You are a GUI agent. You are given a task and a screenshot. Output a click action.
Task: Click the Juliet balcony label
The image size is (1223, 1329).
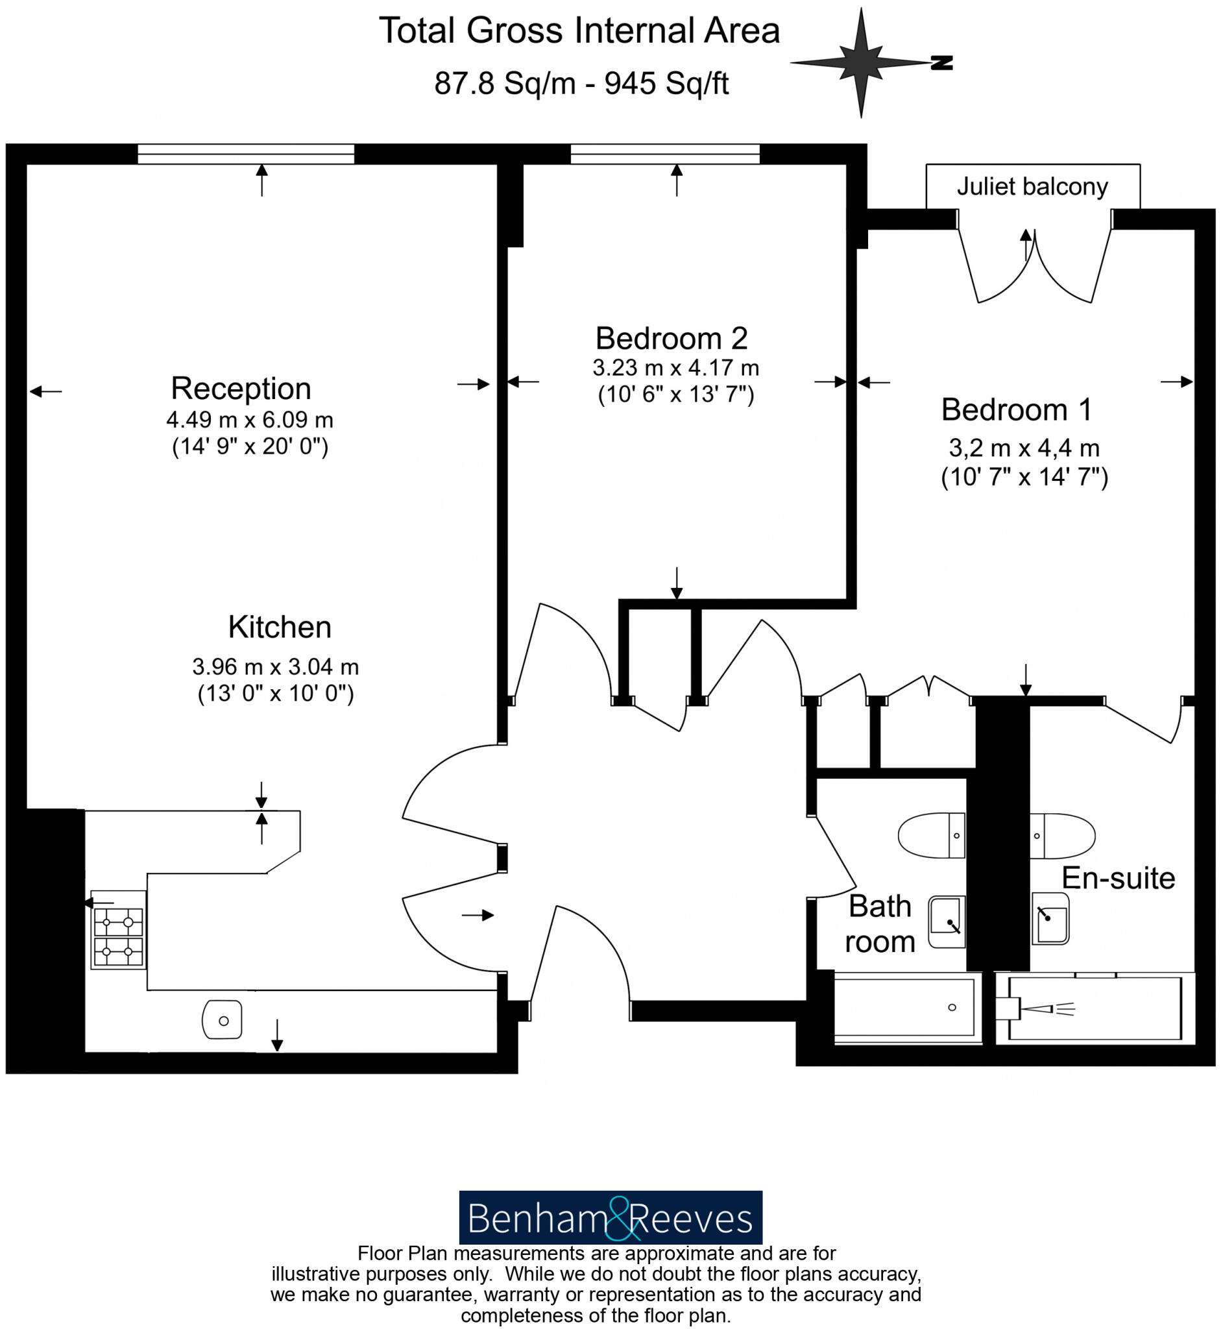click(1032, 188)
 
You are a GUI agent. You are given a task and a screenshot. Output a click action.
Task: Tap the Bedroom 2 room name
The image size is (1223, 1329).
click(671, 339)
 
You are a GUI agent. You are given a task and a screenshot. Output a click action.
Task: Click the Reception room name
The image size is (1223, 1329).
click(241, 389)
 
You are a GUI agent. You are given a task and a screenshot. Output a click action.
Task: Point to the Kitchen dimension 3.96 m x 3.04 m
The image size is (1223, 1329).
click(275, 666)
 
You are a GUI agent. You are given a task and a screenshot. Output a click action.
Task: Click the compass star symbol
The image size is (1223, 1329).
click(861, 63)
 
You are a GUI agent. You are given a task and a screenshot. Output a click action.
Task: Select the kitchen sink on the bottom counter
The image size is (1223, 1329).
click(223, 1020)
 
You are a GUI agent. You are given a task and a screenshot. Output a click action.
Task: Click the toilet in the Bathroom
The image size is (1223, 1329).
click(931, 835)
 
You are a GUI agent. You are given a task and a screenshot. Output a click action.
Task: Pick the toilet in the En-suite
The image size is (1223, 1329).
click(1063, 835)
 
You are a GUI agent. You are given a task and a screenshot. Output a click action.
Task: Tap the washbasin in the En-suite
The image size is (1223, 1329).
click(1051, 918)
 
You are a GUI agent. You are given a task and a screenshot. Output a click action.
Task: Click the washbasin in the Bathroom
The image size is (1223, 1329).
click(947, 922)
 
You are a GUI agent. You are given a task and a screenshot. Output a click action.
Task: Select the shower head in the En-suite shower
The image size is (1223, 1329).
click(1039, 1009)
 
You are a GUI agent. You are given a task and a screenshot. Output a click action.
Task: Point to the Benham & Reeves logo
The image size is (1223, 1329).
click(610, 1219)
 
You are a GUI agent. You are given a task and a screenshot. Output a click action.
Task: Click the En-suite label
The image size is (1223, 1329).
click(1119, 878)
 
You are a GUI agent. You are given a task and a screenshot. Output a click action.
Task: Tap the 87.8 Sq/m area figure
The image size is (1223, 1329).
click(504, 84)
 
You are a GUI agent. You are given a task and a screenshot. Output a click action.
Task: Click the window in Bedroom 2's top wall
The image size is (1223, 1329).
click(665, 154)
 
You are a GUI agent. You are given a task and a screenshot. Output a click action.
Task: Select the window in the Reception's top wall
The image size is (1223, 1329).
click(245, 154)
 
